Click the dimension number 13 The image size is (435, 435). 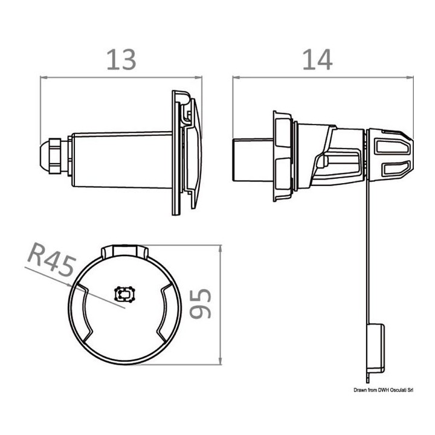coord(121,60)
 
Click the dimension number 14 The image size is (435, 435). coord(317,60)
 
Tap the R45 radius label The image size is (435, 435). coord(52,259)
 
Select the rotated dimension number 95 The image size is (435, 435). coord(201,303)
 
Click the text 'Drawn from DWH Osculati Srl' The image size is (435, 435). coord(384,390)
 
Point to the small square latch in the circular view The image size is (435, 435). coord(124,294)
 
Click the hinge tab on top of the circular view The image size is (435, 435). coord(125,251)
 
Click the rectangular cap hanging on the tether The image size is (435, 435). coord(376,349)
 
